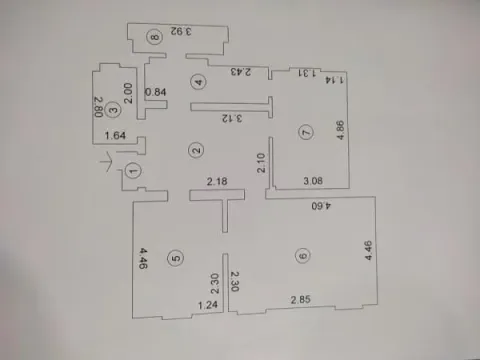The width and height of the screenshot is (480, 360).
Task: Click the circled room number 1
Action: (x=135, y=171)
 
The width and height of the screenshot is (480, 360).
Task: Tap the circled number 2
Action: (x=197, y=150)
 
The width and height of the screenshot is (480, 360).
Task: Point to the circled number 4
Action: (x=198, y=82)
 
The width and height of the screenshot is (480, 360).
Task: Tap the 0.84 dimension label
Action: (x=155, y=93)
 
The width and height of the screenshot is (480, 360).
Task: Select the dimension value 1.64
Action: (x=114, y=135)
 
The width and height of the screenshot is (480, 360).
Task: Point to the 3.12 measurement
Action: (x=231, y=117)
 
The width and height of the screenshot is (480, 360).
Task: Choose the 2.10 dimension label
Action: (x=261, y=161)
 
